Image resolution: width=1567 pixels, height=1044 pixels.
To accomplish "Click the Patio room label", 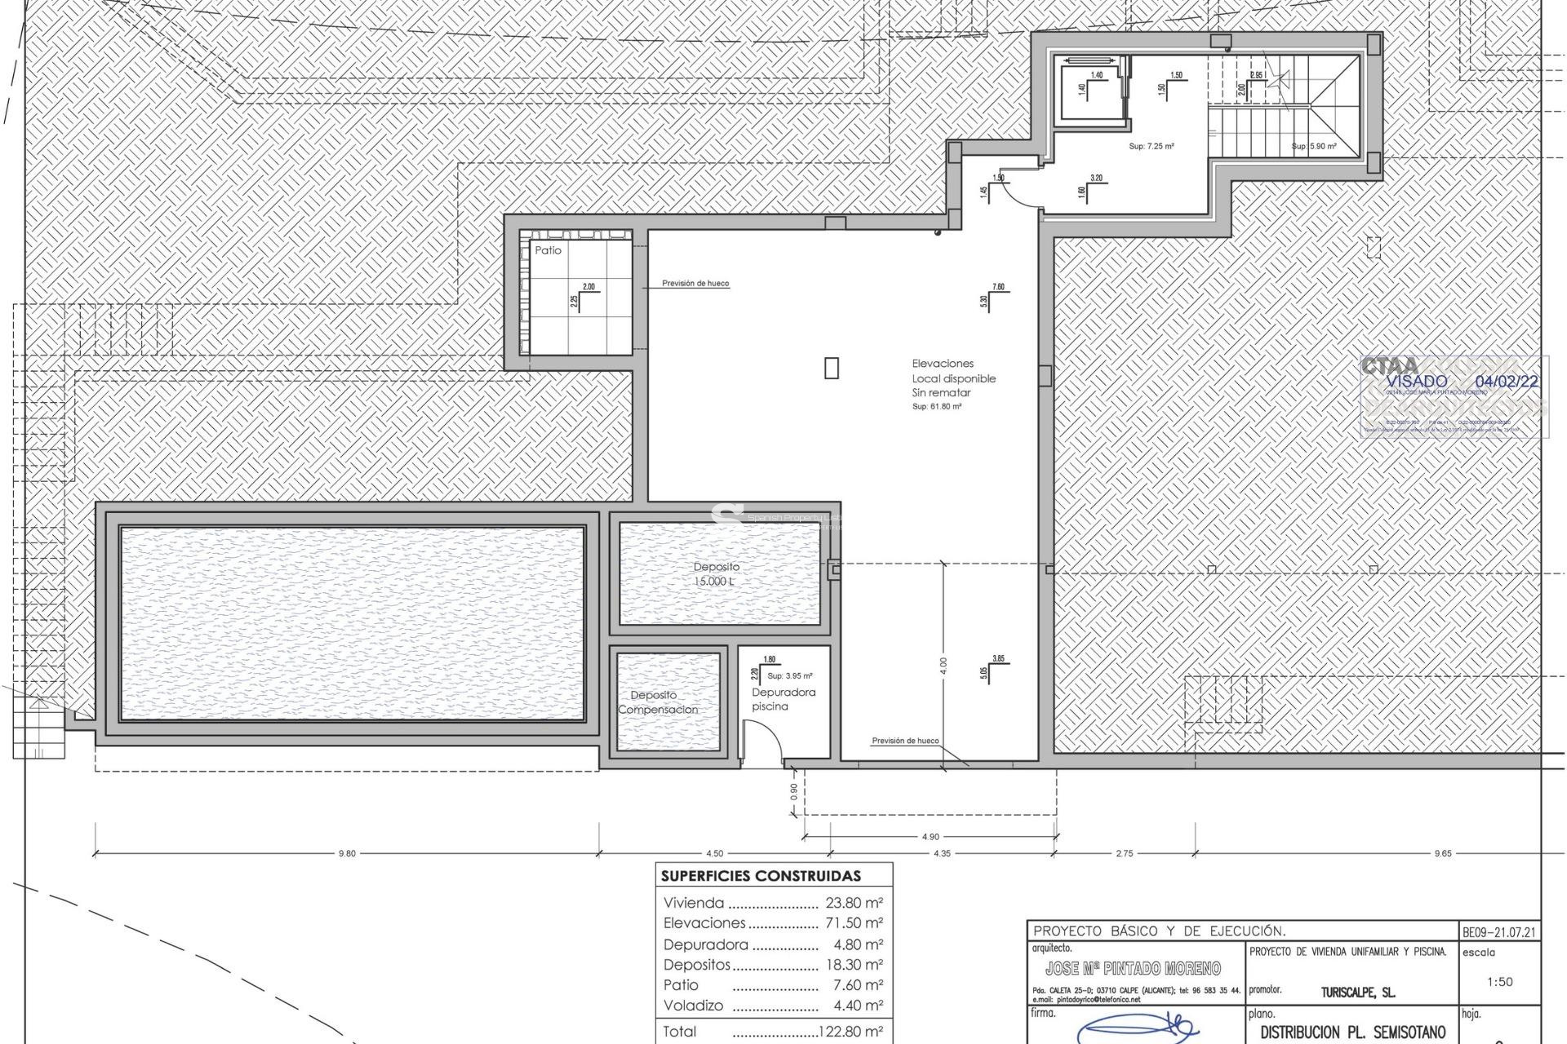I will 548,250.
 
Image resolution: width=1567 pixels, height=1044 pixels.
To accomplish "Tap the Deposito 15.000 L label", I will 717,574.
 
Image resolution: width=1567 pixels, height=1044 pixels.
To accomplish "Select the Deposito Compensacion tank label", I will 657,702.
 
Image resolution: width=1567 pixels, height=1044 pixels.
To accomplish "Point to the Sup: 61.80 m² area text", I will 936,406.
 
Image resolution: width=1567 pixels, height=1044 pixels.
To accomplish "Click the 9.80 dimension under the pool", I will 347,853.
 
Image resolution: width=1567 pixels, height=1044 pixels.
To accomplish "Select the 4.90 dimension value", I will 930,836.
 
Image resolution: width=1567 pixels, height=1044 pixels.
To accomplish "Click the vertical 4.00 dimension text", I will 943,665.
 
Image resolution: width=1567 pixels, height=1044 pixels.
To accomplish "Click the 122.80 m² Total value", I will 850,1031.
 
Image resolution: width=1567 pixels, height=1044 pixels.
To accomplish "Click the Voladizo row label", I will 693,1005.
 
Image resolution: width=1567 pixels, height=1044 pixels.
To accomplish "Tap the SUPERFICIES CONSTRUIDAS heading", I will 761,876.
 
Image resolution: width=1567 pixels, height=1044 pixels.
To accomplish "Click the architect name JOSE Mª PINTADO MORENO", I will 1133,968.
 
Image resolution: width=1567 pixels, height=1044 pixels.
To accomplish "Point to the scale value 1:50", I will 1499,981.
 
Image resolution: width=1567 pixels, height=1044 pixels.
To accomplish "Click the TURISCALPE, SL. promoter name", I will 1357,993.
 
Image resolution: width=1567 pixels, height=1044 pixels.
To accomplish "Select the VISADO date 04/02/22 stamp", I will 1507,381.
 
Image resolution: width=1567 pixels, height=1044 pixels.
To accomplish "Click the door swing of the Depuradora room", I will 766,746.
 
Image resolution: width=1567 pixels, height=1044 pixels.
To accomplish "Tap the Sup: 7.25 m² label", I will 1151,146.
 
